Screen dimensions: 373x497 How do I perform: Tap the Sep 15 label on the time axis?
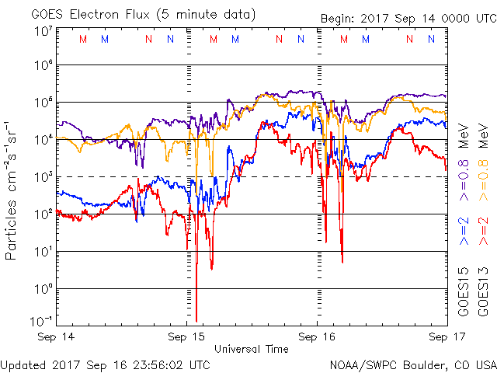click(x=186, y=337)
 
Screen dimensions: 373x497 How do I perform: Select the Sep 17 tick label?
click(x=445, y=337)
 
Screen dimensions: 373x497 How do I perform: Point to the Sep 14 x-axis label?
click(x=57, y=337)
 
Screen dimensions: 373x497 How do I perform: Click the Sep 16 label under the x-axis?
click(x=316, y=337)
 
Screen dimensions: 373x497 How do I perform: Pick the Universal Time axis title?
click(x=251, y=349)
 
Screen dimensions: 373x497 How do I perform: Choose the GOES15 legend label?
click(x=463, y=291)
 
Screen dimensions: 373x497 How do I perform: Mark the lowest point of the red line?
click(x=196, y=320)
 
